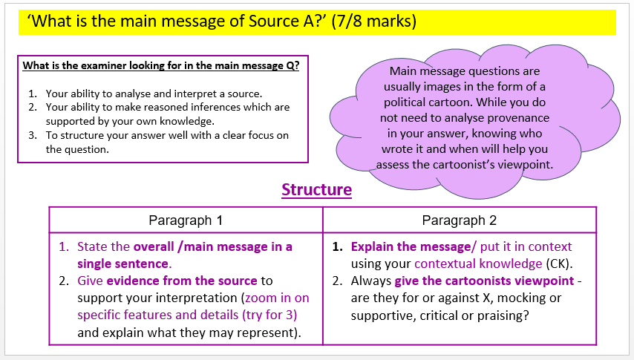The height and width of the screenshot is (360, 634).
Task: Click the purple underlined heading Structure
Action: tap(316, 190)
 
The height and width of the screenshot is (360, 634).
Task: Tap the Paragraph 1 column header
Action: tap(186, 220)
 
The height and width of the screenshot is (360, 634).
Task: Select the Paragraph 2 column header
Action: tap(460, 220)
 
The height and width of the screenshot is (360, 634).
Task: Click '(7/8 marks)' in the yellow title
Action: tap(373, 21)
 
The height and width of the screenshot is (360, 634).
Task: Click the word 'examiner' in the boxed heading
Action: tap(104, 65)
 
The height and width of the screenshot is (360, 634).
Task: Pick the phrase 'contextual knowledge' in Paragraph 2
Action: tap(478, 264)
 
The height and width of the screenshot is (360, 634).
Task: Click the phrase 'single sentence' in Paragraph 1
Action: tap(123, 264)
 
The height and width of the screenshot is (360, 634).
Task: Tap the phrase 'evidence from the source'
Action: tap(182, 281)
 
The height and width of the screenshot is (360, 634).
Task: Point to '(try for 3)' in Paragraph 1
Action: tap(269, 315)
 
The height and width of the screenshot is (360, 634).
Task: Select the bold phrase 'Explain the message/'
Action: tap(414, 246)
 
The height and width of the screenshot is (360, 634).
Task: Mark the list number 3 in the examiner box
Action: tap(33, 135)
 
